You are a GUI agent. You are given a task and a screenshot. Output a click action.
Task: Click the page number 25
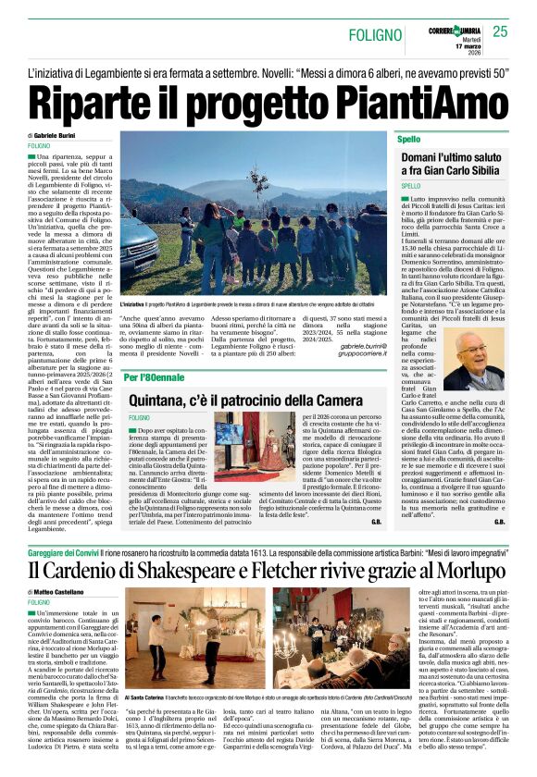tap(501, 31)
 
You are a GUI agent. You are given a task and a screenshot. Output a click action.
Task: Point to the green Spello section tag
tap(408, 139)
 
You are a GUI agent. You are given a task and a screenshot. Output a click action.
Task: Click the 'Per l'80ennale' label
tap(156, 377)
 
